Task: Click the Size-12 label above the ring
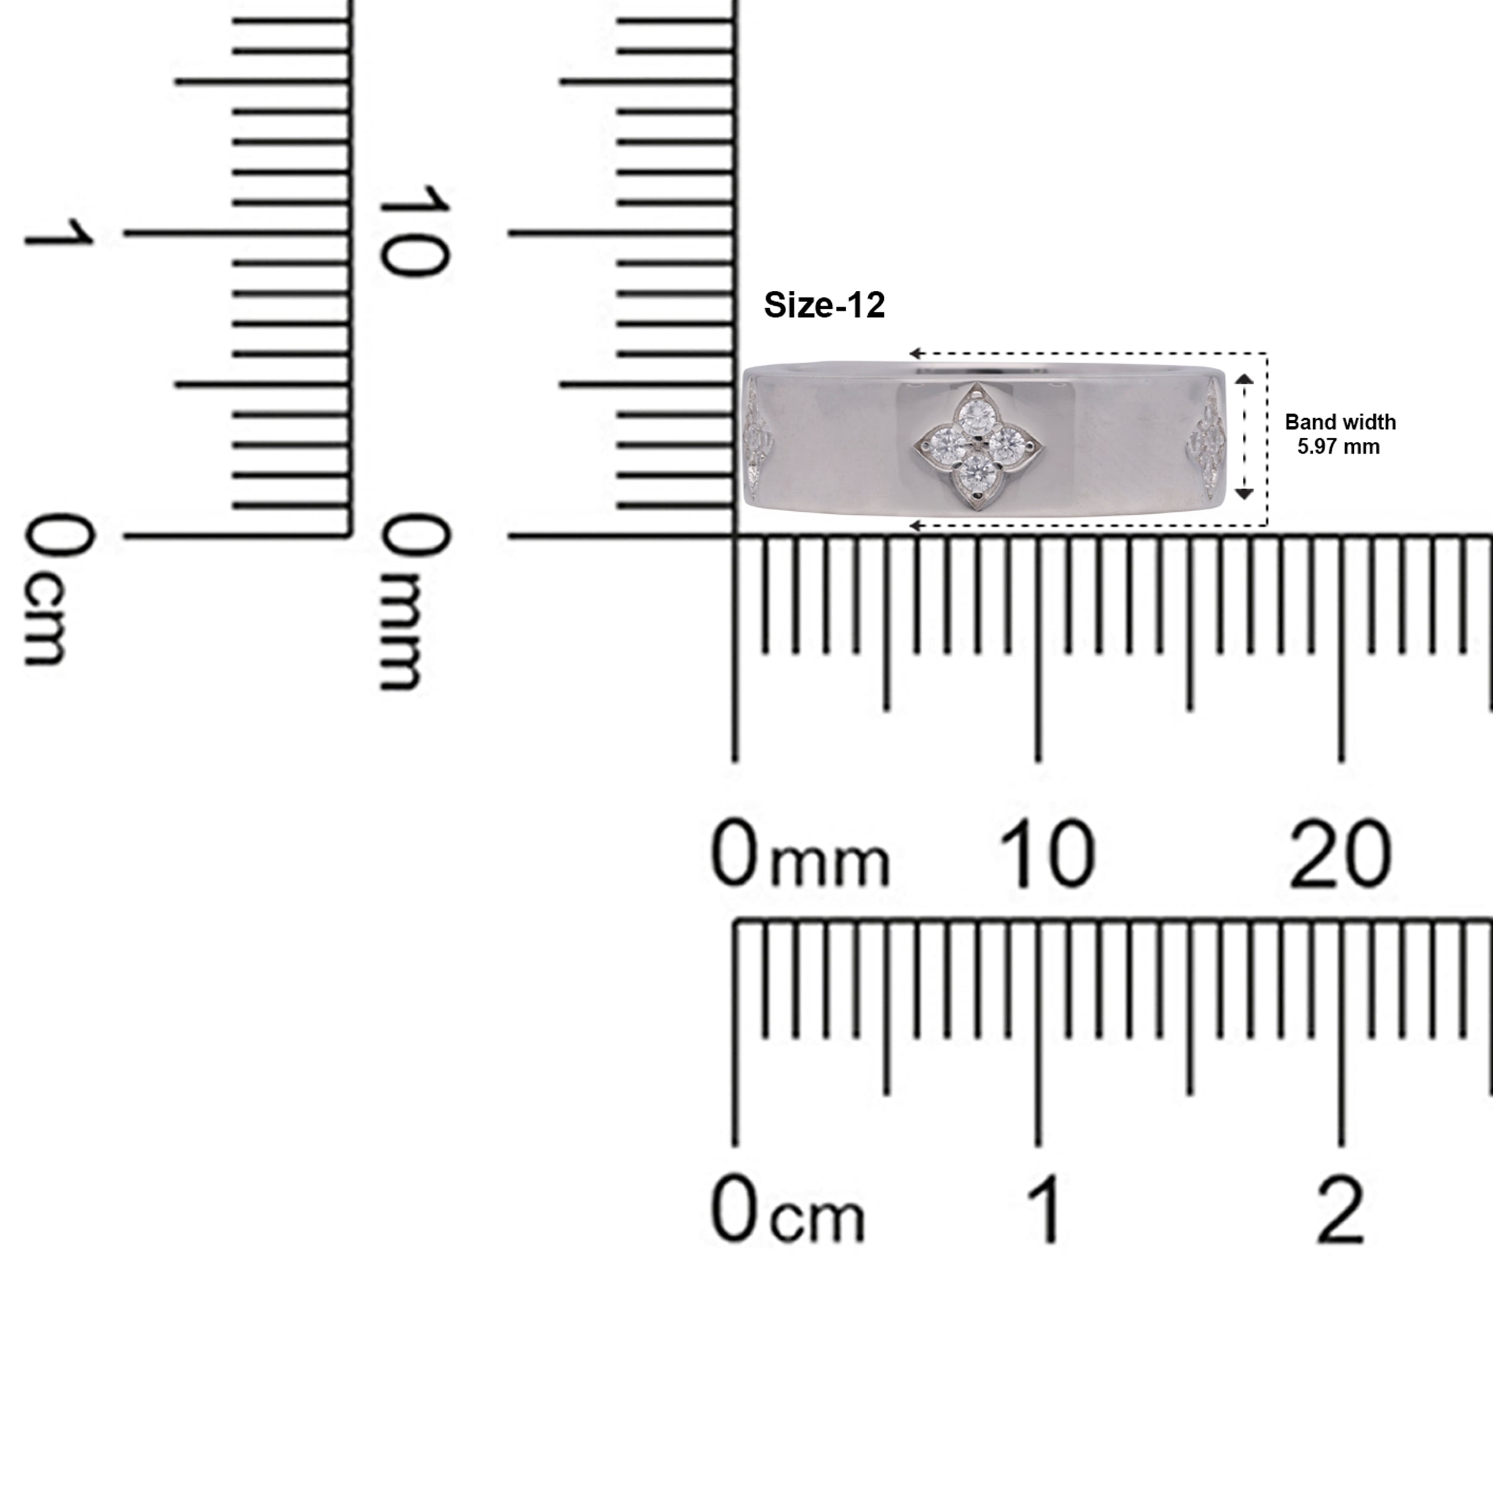(x=824, y=305)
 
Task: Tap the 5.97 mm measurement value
(x=1338, y=447)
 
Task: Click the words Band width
(x=1340, y=422)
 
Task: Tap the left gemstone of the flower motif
(x=945, y=444)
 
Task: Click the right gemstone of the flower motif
(x=1007, y=444)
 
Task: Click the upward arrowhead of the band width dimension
(x=1244, y=379)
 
